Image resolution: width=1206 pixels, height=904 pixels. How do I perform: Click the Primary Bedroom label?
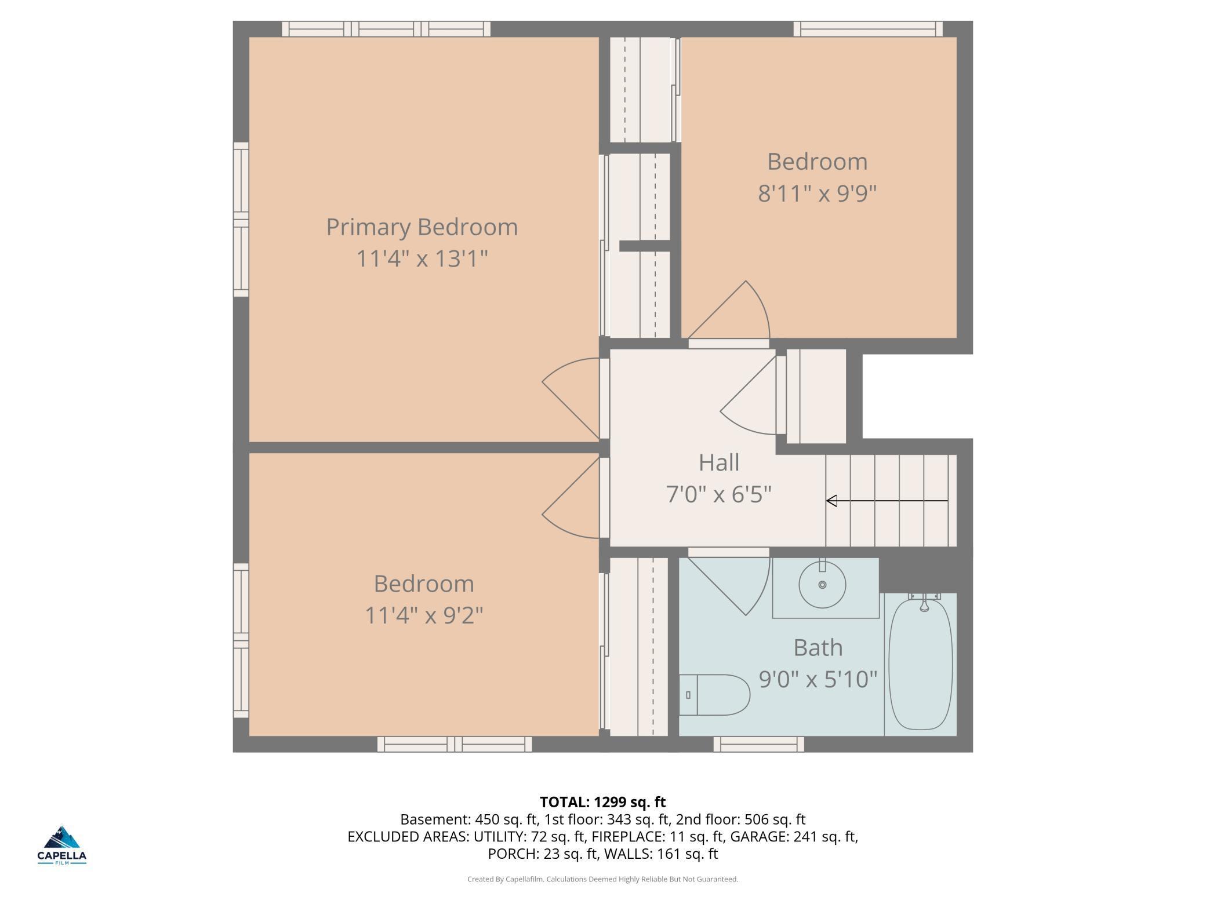(x=422, y=227)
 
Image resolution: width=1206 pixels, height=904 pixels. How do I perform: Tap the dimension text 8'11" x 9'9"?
(x=817, y=193)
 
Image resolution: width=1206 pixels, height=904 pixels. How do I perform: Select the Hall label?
(x=718, y=462)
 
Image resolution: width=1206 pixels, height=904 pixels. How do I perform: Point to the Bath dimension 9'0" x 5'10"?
(x=818, y=679)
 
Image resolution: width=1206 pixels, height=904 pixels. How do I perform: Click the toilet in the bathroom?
(x=714, y=695)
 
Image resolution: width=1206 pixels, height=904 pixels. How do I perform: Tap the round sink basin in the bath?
(x=822, y=585)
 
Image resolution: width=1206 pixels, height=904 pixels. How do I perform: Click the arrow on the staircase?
(x=887, y=501)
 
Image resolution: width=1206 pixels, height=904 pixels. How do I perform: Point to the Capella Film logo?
(x=62, y=845)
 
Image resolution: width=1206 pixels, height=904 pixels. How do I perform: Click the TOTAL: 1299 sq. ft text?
(x=602, y=802)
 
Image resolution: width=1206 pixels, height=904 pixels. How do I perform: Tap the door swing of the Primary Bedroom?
(x=571, y=399)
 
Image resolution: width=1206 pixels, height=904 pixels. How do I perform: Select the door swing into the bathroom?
(x=729, y=586)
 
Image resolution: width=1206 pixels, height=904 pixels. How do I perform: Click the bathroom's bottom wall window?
(x=758, y=744)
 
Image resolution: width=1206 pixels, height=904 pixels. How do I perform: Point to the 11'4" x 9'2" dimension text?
(x=424, y=615)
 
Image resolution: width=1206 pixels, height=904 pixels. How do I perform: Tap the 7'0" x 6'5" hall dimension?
(x=718, y=494)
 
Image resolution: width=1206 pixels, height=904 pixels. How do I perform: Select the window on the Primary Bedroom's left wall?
(x=241, y=220)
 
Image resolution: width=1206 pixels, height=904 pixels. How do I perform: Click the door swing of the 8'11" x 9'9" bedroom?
(x=729, y=310)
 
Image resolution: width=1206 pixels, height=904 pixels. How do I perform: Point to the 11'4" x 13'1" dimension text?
(x=422, y=258)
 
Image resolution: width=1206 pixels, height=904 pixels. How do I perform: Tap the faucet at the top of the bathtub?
(x=924, y=603)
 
